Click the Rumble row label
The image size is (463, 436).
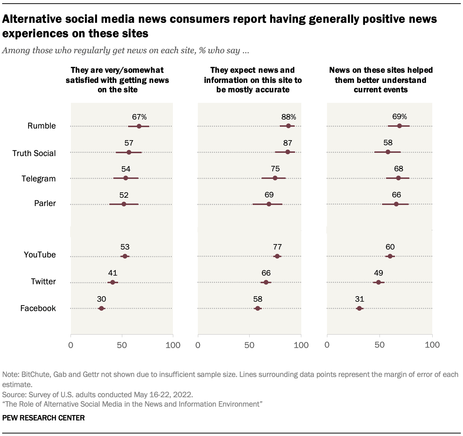42,126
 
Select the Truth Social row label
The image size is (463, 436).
34,153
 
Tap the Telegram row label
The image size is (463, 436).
38,179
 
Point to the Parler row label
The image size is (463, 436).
45,203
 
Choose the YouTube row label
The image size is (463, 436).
40,255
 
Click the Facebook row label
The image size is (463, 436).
38,308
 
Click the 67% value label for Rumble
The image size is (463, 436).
139,117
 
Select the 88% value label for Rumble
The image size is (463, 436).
289,117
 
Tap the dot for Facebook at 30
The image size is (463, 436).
101,309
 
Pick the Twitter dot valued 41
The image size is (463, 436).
112,282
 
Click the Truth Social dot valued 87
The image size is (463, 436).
288,152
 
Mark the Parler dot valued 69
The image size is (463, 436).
269,204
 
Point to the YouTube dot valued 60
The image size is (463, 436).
390,256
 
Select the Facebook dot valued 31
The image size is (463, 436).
359,309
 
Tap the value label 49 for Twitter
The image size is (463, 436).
378,273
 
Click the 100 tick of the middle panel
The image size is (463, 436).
301,345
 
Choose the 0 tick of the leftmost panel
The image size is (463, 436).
71,345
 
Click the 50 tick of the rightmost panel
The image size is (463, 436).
379,345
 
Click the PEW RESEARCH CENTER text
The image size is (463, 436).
43,418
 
